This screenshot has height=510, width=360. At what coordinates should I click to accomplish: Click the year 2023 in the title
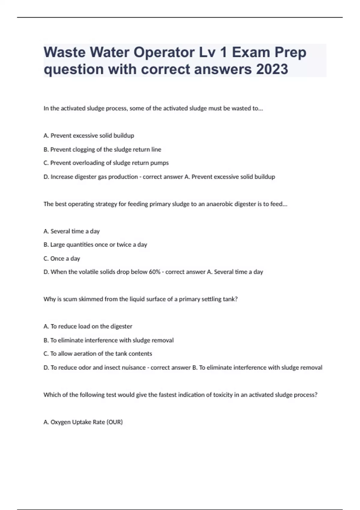(272, 69)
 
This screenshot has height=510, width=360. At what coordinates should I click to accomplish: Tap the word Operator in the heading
(164, 52)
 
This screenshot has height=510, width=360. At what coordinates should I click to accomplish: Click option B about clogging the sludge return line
(102, 149)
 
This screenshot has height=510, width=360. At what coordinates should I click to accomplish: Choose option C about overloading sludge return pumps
(106, 163)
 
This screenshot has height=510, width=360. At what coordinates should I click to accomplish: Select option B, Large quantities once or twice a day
(95, 244)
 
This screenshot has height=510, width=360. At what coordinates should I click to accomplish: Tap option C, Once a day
(62, 258)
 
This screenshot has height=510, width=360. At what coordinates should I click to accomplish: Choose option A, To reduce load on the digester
(88, 326)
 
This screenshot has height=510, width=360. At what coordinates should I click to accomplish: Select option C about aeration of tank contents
(98, 354)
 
